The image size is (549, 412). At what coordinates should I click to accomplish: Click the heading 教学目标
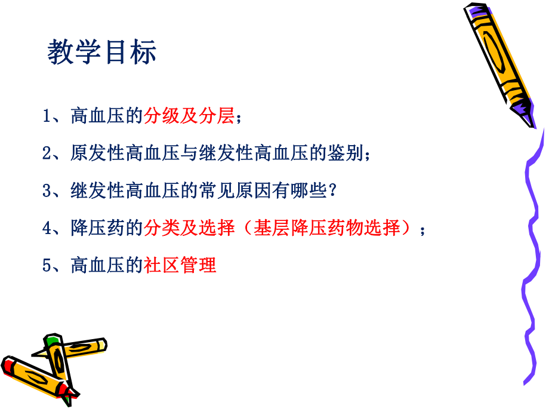tap(102, 53)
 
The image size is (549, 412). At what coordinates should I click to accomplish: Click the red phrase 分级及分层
tap(189, 116)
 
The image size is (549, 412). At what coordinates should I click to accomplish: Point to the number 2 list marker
tap(47, 153)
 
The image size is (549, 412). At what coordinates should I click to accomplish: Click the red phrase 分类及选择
tap(189, 228)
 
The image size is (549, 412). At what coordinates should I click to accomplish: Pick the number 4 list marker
tap(47, 228)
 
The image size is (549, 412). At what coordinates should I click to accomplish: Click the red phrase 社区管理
tap(180, 265)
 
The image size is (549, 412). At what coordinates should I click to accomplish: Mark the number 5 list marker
tap(47, 265)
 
